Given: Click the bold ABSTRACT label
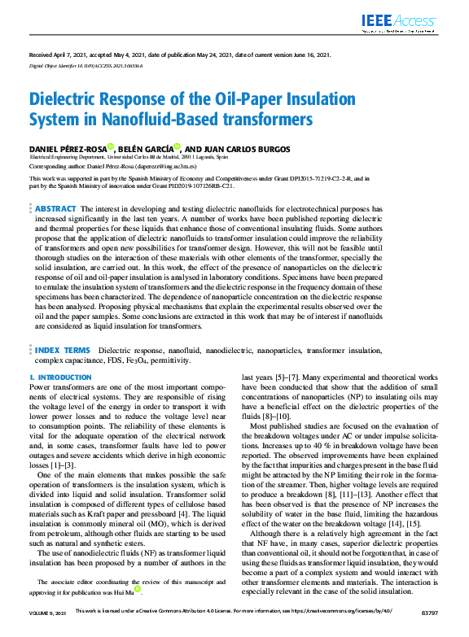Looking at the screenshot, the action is (x=56, y=208).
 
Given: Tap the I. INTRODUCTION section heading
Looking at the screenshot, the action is (x=60, y=377).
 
